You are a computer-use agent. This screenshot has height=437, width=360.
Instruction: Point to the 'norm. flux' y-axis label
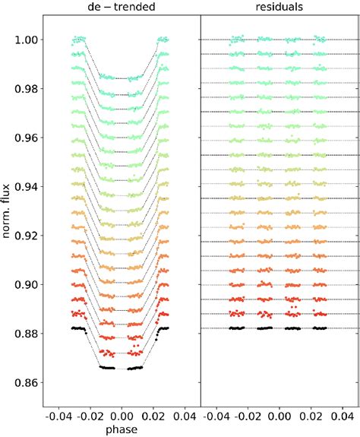point(9,217)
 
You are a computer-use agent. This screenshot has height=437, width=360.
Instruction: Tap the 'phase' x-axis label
point(122,429)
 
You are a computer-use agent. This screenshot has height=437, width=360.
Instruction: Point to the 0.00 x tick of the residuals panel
point(279,416)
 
